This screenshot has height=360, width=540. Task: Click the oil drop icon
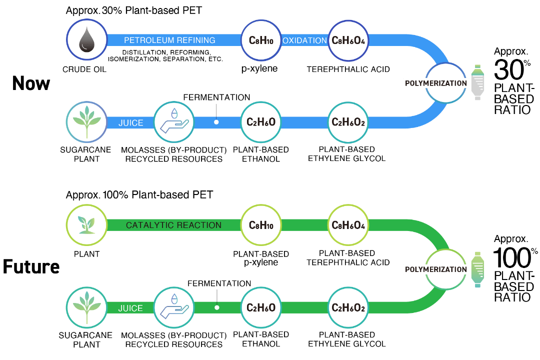87,39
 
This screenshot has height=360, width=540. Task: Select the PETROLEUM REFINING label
169,40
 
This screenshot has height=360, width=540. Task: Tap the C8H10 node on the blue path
261,40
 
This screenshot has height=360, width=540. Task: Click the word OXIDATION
304,40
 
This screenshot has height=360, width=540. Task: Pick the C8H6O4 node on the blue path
348,40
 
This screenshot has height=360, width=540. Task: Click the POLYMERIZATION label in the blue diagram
435,83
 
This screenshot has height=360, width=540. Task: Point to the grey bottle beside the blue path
477,82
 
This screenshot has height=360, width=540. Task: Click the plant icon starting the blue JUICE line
87,122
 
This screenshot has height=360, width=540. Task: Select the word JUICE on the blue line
130,123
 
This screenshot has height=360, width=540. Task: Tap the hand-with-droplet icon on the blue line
173,122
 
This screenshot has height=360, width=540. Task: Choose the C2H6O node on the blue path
261,122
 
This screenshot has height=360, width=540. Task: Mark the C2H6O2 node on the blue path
348,122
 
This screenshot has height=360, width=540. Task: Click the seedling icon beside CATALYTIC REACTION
87,225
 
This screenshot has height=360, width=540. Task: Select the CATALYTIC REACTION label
173,225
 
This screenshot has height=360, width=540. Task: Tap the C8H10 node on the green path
261,225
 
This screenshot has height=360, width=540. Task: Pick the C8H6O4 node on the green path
348,225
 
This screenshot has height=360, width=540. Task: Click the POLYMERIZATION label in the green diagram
435,269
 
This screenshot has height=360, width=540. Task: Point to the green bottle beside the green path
477,269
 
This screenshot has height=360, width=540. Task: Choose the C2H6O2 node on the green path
348,307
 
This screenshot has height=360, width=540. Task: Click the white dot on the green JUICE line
217,307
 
